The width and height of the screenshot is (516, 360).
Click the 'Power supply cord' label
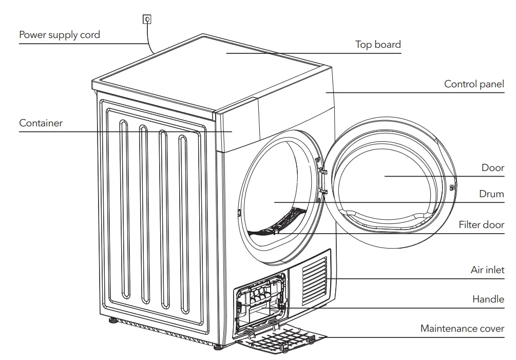[60, 35]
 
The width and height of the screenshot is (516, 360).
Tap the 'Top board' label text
[378, 45]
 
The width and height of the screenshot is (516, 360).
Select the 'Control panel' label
[474, 84]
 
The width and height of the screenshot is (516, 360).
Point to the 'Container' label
[41, 123]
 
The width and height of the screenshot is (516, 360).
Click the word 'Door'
[492, 168]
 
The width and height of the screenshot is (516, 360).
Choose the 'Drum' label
[491, 194]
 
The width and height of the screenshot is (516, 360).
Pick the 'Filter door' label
[481, 225]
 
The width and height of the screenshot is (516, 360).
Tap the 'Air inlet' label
[487, 270]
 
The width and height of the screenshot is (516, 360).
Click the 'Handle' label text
[488, 299]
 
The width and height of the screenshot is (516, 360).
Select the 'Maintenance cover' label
[462, 329]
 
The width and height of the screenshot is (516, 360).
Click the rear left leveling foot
[111, 323]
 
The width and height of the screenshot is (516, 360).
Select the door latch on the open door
[452, 187]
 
